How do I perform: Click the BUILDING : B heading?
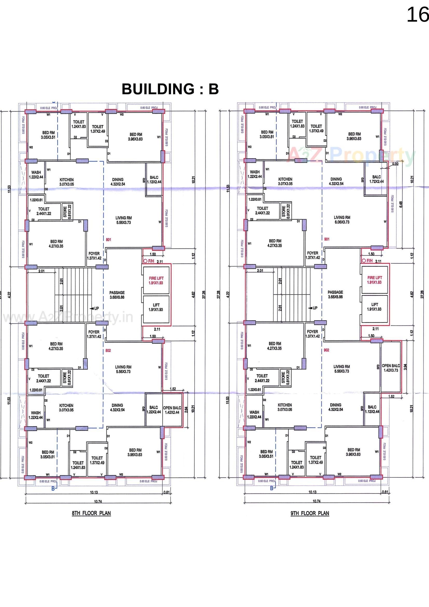click(x=170, y=89)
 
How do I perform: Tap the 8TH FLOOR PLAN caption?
click(x=91, y=513)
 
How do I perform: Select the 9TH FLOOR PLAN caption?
click(x=310, y=513)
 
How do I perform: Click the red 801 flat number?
click(x=108, y=240)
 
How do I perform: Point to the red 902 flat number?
click(x=326, y=350)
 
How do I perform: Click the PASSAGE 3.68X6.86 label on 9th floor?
click(x=335, y=294)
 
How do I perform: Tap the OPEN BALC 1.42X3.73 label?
click(x=391, y=368)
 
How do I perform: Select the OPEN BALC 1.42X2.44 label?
click(x=172, y=410)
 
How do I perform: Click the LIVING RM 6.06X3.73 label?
click(x=342, y=220)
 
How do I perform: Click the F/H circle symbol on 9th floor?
click(x=364, y=261)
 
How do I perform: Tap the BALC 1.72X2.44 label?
click(x=376, y=179)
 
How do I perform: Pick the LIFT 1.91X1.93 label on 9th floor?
click(x=374, y=307)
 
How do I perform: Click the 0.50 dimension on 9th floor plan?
click(x=396, y=164)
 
